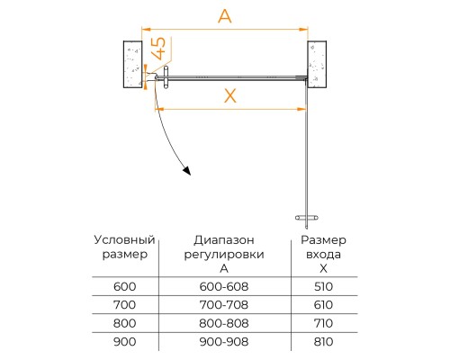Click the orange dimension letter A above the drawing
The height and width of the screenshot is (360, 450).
225,16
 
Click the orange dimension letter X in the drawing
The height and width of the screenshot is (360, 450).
230,96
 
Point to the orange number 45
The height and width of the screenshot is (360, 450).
158,49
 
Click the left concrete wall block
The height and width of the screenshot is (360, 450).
132,64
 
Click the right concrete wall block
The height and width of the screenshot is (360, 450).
317,64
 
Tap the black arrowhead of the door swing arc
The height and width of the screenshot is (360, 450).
187,171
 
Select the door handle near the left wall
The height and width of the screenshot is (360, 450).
166,77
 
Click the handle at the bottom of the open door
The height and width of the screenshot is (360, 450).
307,218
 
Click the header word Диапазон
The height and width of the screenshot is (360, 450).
224,240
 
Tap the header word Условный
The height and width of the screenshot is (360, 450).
124,240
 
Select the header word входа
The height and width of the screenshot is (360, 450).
323,255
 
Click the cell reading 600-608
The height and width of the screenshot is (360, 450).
224,286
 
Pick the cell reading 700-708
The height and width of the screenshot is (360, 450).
224,305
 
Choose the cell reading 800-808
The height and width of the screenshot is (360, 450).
224,323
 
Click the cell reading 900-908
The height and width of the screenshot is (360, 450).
224,341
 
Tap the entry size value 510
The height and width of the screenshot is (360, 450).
323,286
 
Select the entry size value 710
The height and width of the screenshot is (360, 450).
323,323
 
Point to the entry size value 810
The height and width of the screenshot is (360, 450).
323,341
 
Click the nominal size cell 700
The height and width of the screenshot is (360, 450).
124,305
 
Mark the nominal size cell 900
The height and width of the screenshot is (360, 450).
124,341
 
